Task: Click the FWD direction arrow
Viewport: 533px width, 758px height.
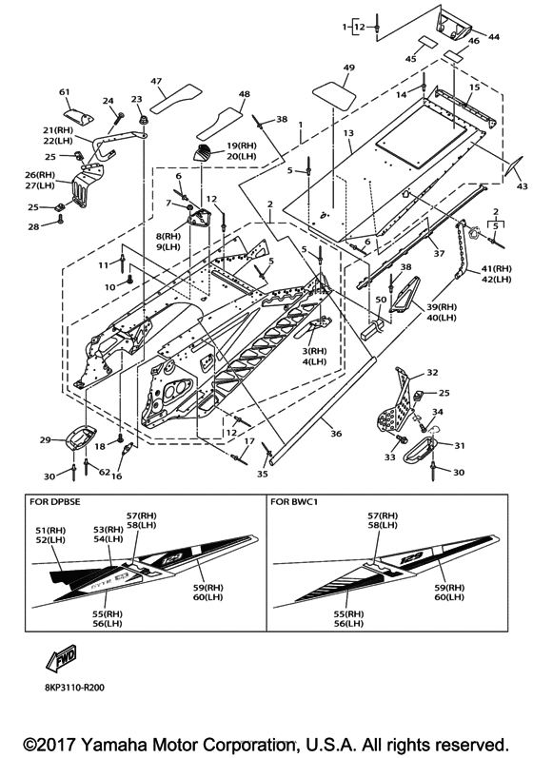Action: point(61,658)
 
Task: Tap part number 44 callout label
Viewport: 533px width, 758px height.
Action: point(494,37)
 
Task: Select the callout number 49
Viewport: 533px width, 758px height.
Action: point(348,68)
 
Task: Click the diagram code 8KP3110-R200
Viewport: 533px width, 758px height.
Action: point(71,688)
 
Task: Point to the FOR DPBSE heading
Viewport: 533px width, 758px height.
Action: point(54,502)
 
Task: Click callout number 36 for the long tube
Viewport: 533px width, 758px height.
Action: point(336,434)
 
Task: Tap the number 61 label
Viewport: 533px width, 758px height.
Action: point(65,92)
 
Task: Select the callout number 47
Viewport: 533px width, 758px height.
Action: point(156,81)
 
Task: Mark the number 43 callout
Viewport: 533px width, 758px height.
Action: point(522,186)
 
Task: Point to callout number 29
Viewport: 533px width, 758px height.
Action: point(45,440)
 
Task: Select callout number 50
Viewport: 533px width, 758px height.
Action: point(382,301)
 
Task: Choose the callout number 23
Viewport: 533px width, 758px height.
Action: point(137,99)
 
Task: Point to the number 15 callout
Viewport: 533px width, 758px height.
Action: point(475,87)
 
